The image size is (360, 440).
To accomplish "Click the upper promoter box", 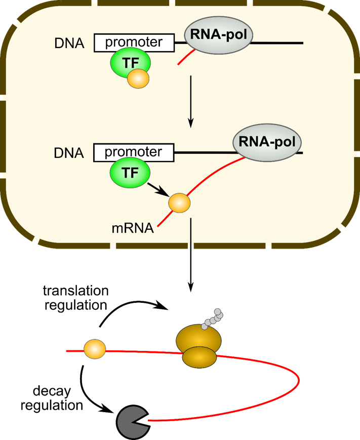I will pyautogui.click(x=134, y=43).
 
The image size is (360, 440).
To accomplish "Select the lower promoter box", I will pyautogui.click(x=134, y=152).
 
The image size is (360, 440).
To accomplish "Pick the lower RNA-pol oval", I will pyautogui.click(x=267, y=141).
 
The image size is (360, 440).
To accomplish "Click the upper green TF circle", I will pyautogui.click(x=130, y=63).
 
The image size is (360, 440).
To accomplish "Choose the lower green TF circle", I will pyautogui.click(x=130, y=173).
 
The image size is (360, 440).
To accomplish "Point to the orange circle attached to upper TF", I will pyautogui.click(x=138, y=79).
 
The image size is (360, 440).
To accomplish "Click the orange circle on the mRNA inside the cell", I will pyautogui.click(x=180, y=203).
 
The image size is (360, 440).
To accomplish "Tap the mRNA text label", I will pyautogui.click(x=133, y=228).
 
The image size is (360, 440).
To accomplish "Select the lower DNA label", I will pyautogui.click(x=69, y=152).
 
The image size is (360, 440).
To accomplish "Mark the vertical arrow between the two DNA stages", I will pyautogui.click(x=190, y=101).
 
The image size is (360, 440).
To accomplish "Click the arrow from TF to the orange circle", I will pyautogui.click(x=158, y=189).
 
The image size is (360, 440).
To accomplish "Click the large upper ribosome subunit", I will pyautogui.click(x=198, y=338).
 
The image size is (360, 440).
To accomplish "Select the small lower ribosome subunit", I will pyautogui.click(x=199, y=357).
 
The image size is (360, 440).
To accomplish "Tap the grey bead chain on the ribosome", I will pyautogui.click(x=212, y=319).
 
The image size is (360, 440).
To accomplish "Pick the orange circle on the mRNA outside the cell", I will pyautogui.click(x=95, y=349).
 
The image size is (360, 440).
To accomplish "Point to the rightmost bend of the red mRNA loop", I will pyautogui.click(x=300, y=380).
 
